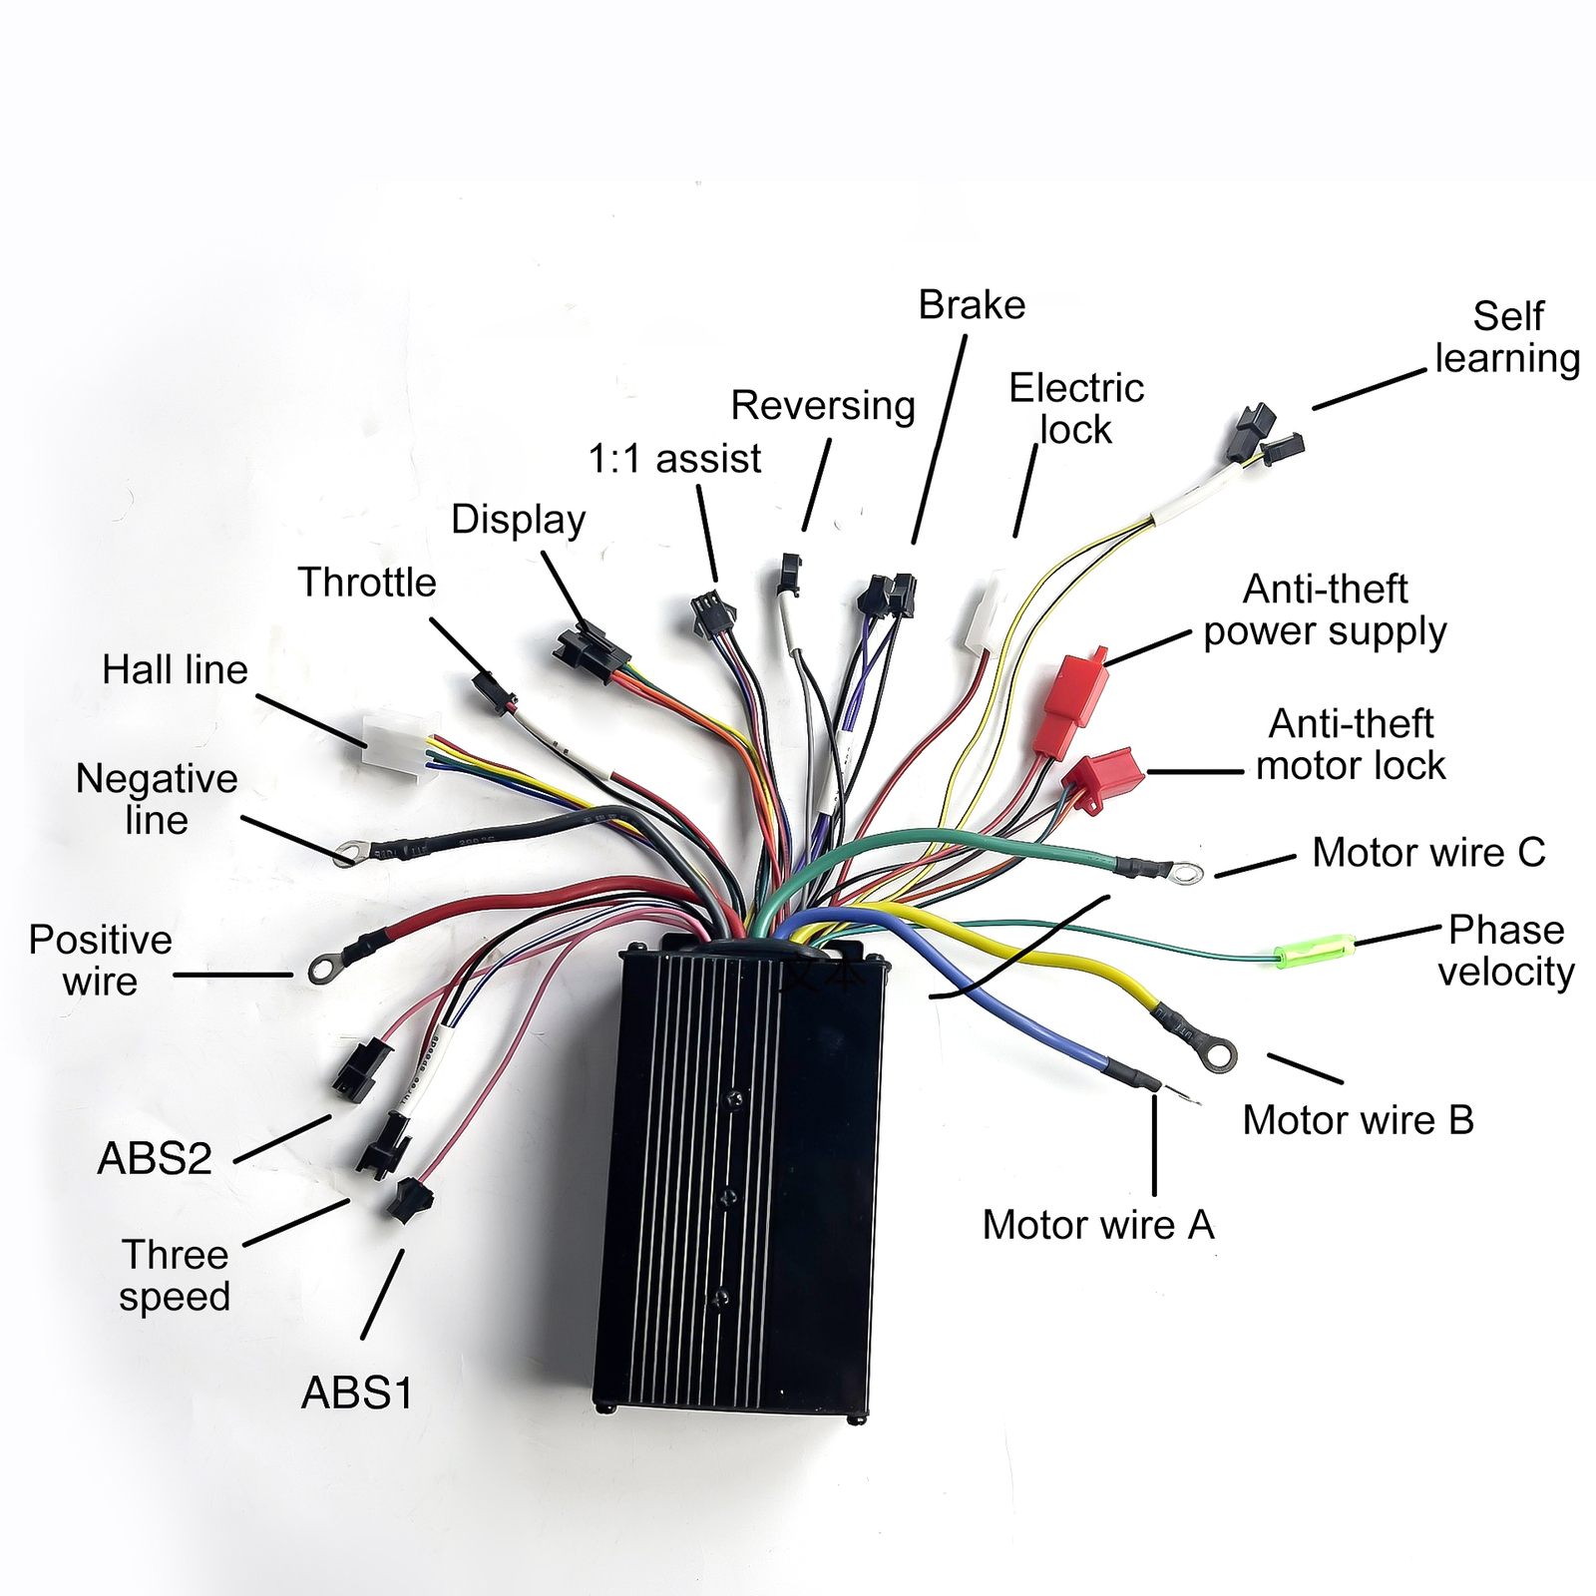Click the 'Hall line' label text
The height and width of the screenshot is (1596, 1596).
[x=175, y=669]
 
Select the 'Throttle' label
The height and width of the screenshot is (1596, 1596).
[x=367, y=583]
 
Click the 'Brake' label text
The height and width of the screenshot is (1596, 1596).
[x=972, y=305]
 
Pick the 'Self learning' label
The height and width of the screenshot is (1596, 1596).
[x=1507, y=337]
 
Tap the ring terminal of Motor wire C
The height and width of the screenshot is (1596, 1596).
[x=1185, y=875]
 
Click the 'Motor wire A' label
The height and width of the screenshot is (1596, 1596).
[x=1098, y=1225]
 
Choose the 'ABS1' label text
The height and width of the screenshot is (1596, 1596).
[x=357, y=1394]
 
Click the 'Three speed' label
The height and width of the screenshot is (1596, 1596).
[x=175, y=1276]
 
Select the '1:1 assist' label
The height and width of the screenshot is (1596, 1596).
[x=674, y=459]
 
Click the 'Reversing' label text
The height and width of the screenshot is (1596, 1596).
[x=823, y=406]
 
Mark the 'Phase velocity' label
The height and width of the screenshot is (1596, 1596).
[x=1506, y=951]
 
